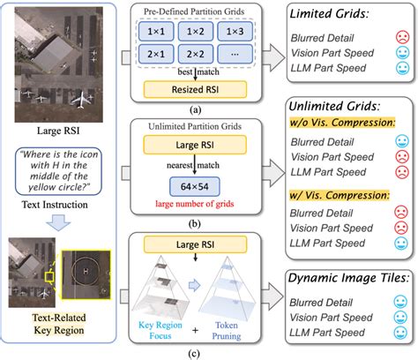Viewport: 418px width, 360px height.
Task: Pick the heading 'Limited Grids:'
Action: point(336,16)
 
